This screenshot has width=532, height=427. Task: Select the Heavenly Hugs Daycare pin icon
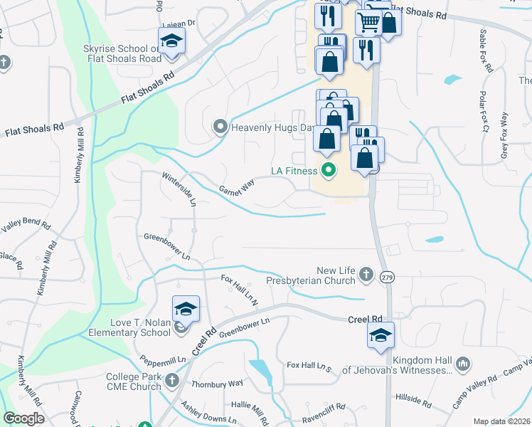tap(220, 127)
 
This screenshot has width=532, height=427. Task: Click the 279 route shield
tap(387, 277)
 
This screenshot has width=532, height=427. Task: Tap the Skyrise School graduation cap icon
tap(171, 42)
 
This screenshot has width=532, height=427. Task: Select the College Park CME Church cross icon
tap(171, 381)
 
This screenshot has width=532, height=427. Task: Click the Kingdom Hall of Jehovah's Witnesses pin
tap(464, 365)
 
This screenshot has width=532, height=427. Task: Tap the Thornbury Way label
tap(217, 384)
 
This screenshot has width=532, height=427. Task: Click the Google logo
tap(23, 418)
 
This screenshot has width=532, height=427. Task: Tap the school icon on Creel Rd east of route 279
tap(381, 335)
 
